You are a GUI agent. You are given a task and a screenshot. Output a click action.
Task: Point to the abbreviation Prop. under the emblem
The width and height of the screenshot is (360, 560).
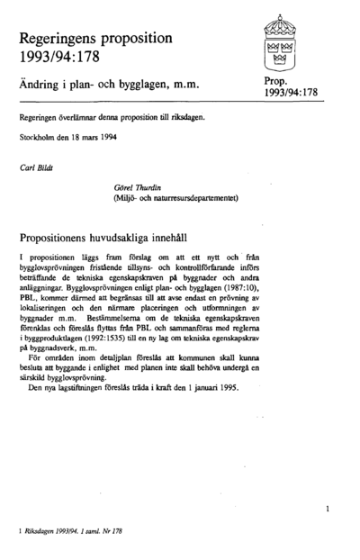276,81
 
